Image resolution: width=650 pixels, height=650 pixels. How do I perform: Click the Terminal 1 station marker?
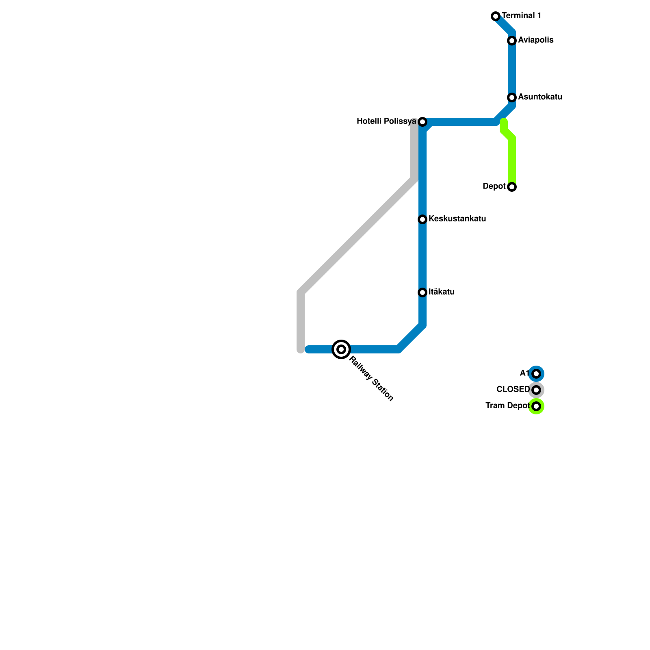[x=496, y=16]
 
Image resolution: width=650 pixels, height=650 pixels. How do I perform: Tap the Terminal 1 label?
[x=521, y=16]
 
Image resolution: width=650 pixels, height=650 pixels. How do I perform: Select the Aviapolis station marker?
[x=512, y=41]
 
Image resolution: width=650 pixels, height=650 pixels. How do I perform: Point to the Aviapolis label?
[x=535, y=40]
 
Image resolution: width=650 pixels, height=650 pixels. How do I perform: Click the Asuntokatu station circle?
[x=512, y=97]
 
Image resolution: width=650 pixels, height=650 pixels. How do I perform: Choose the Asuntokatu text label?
[x=540, y=97]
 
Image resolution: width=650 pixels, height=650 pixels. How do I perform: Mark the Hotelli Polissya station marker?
[x=422, y=122]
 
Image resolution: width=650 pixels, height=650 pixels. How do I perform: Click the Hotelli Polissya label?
[x=386, y=121]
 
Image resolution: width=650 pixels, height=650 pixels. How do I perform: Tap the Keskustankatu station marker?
[x=422, y=219]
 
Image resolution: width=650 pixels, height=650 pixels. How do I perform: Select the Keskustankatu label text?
[x=457, y=219]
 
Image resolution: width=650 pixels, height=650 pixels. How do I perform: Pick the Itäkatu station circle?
[x=422, y=292]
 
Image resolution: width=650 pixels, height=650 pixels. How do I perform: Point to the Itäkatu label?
[x=441, y=292]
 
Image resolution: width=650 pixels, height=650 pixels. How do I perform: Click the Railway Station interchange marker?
[x=341, y=349]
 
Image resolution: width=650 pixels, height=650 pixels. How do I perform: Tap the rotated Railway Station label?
[x=371, y=379]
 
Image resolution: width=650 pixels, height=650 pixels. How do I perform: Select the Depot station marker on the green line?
[x=512, y=187]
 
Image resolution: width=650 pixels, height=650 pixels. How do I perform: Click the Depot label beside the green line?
[x=494, y=186]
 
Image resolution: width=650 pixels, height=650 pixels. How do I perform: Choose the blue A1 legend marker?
[x=536, y=374]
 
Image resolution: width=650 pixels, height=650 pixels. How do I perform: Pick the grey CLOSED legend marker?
[x=536, y=390]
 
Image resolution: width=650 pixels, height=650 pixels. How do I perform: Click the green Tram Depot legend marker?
[x=536, y=406]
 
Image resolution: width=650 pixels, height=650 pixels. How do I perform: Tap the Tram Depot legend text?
[x=507, y=406]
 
